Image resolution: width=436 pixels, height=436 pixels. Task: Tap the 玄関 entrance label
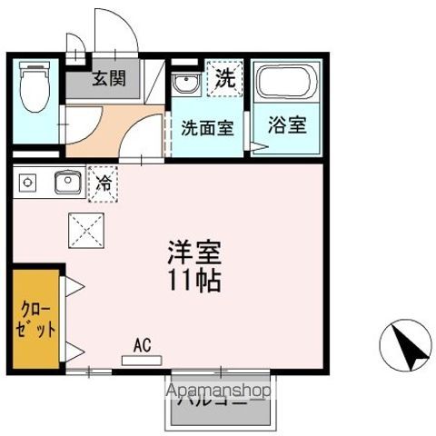(108, 79)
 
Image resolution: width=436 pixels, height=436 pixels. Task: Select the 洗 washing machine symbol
(224, 77)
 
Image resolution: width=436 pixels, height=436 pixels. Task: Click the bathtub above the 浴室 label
(285, 84)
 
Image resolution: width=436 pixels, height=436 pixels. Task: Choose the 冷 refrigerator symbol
(104, 183)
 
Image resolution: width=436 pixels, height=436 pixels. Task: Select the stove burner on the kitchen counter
(27, 183)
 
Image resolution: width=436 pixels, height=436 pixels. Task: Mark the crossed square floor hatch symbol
(87, 229)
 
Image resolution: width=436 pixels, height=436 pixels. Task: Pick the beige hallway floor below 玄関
(109, 127)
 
